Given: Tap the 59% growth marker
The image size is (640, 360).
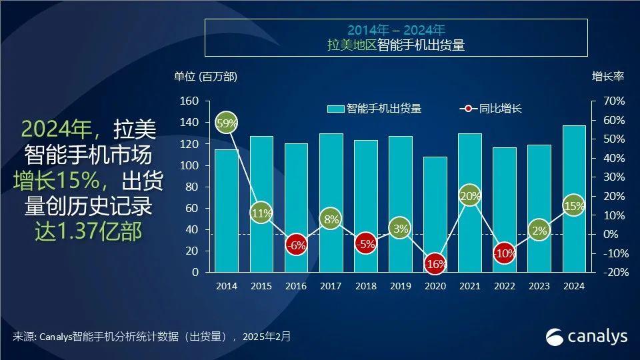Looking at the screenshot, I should (x=227, y=123).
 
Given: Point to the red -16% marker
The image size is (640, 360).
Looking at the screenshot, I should (x=435, y=263).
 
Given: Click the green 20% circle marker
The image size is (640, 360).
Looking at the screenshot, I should (x=470, y=195).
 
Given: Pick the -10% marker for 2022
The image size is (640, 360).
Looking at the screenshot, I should (x=505, y=253).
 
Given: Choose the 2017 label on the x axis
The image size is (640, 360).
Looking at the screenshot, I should (x=331, y=286).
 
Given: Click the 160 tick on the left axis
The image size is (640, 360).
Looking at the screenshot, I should (x=190, y=101).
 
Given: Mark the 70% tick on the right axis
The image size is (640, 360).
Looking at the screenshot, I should (x=614, y=101).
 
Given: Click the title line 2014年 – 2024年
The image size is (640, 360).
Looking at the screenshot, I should (x=396, y=30).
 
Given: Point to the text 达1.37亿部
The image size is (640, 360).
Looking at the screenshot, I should (x=88, y=231).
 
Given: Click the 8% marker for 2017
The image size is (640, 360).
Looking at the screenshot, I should (x=331, y=218).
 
